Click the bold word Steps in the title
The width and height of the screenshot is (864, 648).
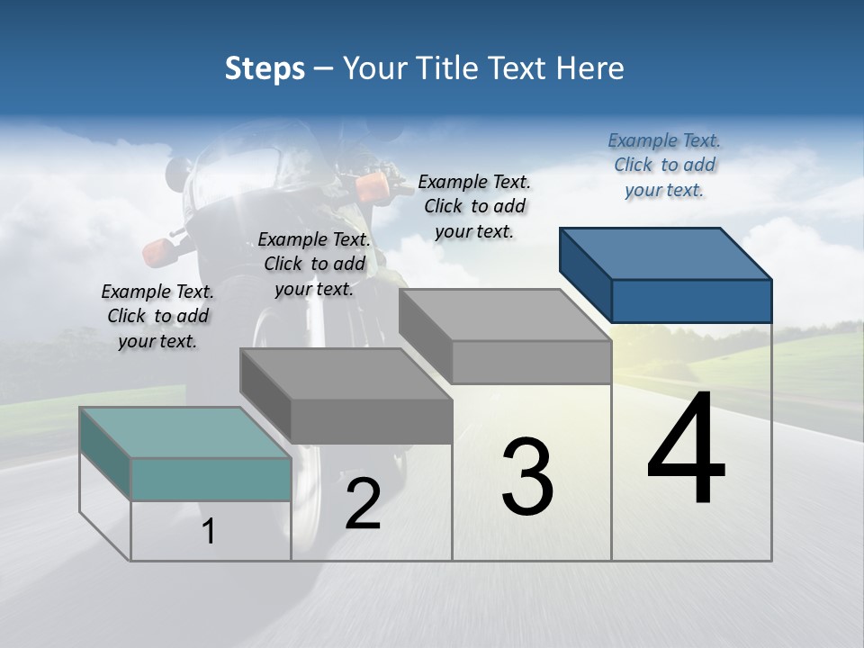(265, 68)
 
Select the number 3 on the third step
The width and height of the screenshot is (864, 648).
(527, 476)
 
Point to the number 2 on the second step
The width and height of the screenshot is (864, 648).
(363, 504)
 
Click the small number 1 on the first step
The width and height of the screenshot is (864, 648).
(208, 532)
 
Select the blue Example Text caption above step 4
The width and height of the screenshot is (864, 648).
(664, 166)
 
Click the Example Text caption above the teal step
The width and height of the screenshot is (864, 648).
(157, 316)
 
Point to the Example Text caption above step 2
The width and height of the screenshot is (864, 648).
(314, 264)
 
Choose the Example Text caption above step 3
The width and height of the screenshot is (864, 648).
(474, 206)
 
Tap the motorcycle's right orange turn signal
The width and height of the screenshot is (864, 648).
(371, 187)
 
